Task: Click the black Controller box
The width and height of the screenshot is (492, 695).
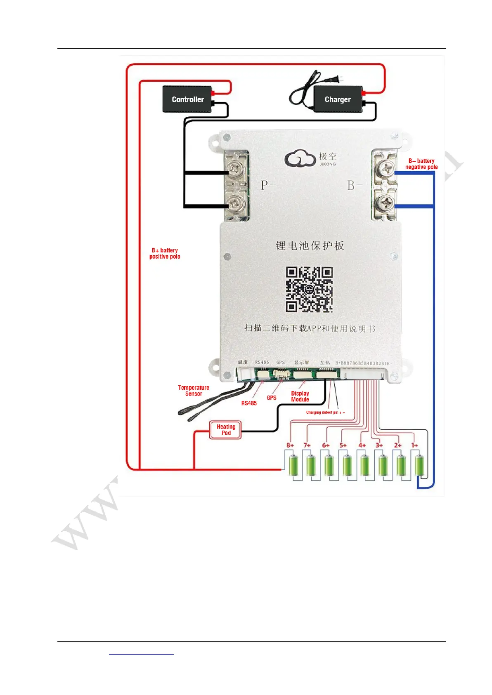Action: pyautogui.click(x=188, y=99)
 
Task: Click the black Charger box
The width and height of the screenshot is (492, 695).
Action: pyautogui.click(x=338, y=99)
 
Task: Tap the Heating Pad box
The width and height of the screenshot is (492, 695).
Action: pyautogui.click(x=225, y=430)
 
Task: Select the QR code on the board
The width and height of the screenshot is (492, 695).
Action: pyautogui.click(x=309, y=289)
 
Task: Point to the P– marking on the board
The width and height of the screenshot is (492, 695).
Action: pyautogui.click(x=268, y=185)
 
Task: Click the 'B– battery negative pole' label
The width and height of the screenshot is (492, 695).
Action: pyautogui.click(x=421, y=164)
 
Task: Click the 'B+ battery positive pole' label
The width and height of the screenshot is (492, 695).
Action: pyautogui.click(x=165, y=253)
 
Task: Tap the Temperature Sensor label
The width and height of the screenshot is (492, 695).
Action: pyautogui.click(x=193, y=391)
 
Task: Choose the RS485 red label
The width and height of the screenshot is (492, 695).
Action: pyautogui.click(x=249, y=403)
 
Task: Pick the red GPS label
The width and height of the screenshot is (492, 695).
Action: pyautogui.click(x=271, y=398)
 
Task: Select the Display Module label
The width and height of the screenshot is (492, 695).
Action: pyautogui.click(x=300, y=396)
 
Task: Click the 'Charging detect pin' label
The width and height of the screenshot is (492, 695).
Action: pyautogui.click(x=325, y=412)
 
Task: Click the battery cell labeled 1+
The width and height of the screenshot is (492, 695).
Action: pyautogui.click(x=419, y=465)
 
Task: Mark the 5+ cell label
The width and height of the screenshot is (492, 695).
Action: pyautogui.click(x=343, y=445)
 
